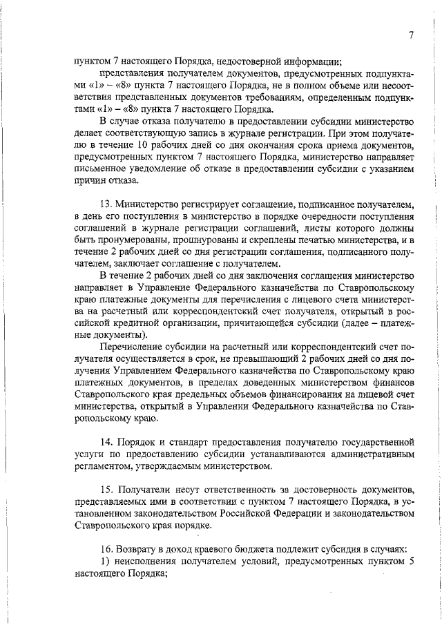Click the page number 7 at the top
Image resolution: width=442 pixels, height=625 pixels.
click(411, 36)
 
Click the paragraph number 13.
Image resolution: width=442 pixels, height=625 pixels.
click(106, 205)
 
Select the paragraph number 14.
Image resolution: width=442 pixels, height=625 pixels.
click(106, 441)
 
